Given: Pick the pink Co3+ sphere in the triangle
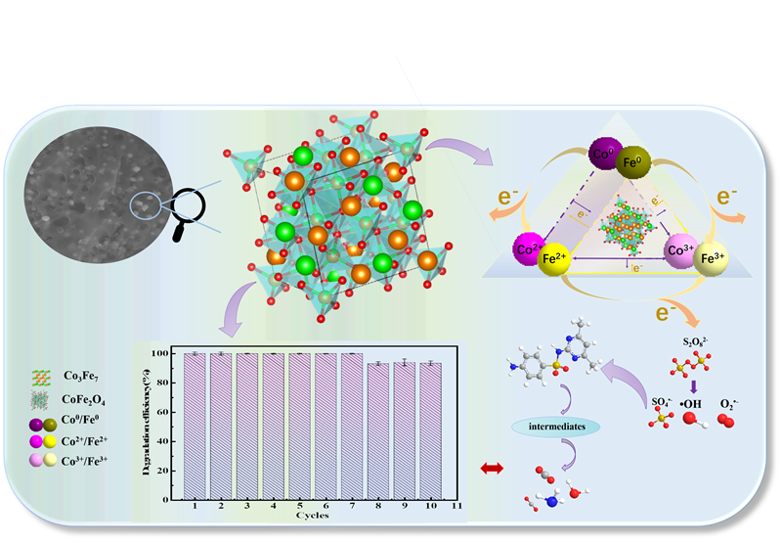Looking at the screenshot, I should [x=680, y=252].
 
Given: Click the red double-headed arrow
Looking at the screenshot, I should [x=492, y=470].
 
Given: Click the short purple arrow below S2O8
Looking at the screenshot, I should [x=693, y=384].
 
